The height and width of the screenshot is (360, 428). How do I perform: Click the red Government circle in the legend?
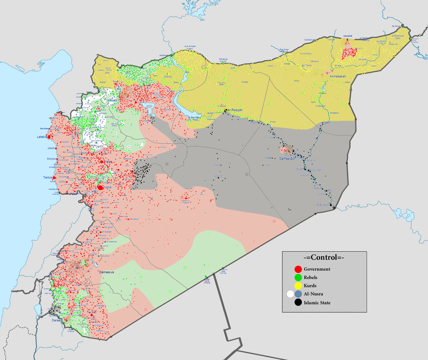point(298,269)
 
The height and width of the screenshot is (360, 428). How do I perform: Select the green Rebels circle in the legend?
point(298,277)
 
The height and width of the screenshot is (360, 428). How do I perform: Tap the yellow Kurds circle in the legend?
point(298,286)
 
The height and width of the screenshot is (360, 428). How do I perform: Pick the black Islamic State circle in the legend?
point(298,302)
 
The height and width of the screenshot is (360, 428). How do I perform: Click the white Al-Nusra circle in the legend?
point(290,294)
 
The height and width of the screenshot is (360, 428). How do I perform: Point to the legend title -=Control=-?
point(324,257)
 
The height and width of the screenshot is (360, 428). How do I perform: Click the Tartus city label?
point(47,177)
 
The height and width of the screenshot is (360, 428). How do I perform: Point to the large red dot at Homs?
point(100,188)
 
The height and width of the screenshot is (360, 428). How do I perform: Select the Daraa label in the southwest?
point(57,319)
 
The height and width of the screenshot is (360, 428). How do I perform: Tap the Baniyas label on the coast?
point(51,159)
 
